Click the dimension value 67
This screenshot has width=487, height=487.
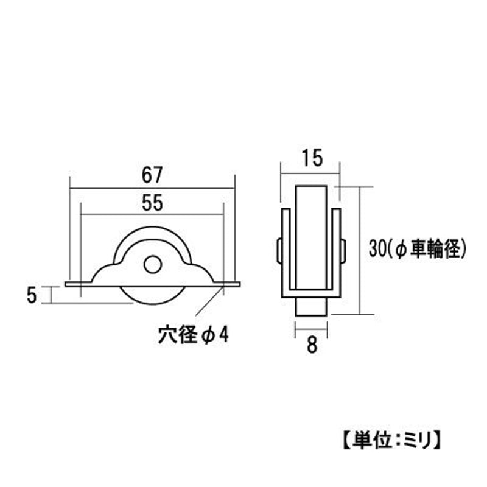[152, 176]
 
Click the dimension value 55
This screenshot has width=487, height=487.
[152, 204]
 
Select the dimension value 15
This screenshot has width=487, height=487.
[311, 159]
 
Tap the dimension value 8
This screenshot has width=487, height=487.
[312, 345]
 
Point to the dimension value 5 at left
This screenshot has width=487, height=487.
[31, 295]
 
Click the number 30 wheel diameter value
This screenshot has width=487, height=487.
[378, 248]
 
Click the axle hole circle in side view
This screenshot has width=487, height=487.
[152, 264]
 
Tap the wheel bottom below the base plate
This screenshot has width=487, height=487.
[152, 295]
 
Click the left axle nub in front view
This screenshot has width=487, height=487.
[279, 250]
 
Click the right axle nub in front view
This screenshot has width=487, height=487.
[343, 250]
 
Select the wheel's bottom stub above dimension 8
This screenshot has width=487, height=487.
[312, 306]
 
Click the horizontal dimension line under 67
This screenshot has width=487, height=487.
[152, 188]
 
